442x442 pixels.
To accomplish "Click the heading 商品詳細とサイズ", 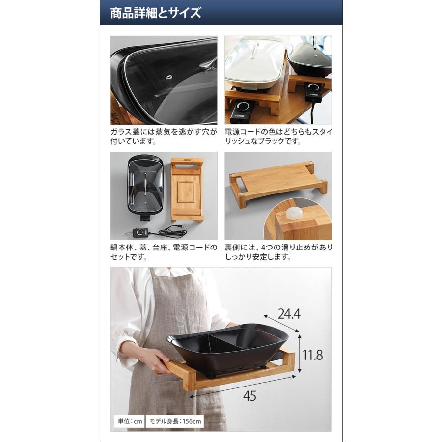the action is click(155, 13).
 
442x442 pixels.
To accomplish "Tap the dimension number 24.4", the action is click(289, 314).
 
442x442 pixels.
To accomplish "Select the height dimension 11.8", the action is click(313, 355).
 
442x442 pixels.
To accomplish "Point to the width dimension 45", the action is click(249, 396).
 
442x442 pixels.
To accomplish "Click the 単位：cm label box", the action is click(130, 421).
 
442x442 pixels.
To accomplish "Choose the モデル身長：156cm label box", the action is click(175, 421).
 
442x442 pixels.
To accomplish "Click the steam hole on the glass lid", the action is click(169, 77).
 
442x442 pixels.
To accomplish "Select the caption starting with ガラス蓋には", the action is click(164, 137).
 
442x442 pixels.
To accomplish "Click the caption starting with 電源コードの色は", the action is click(278, 137).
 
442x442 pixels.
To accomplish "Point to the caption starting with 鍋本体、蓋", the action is click(164, 252).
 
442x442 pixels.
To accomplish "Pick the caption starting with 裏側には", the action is click(278, 252).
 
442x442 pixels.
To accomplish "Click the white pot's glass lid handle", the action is click(255, 50).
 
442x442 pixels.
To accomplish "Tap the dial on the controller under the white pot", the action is click(242, 107).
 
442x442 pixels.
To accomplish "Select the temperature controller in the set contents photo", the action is click(141, 232).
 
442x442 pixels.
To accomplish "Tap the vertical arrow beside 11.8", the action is click(300, 353).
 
